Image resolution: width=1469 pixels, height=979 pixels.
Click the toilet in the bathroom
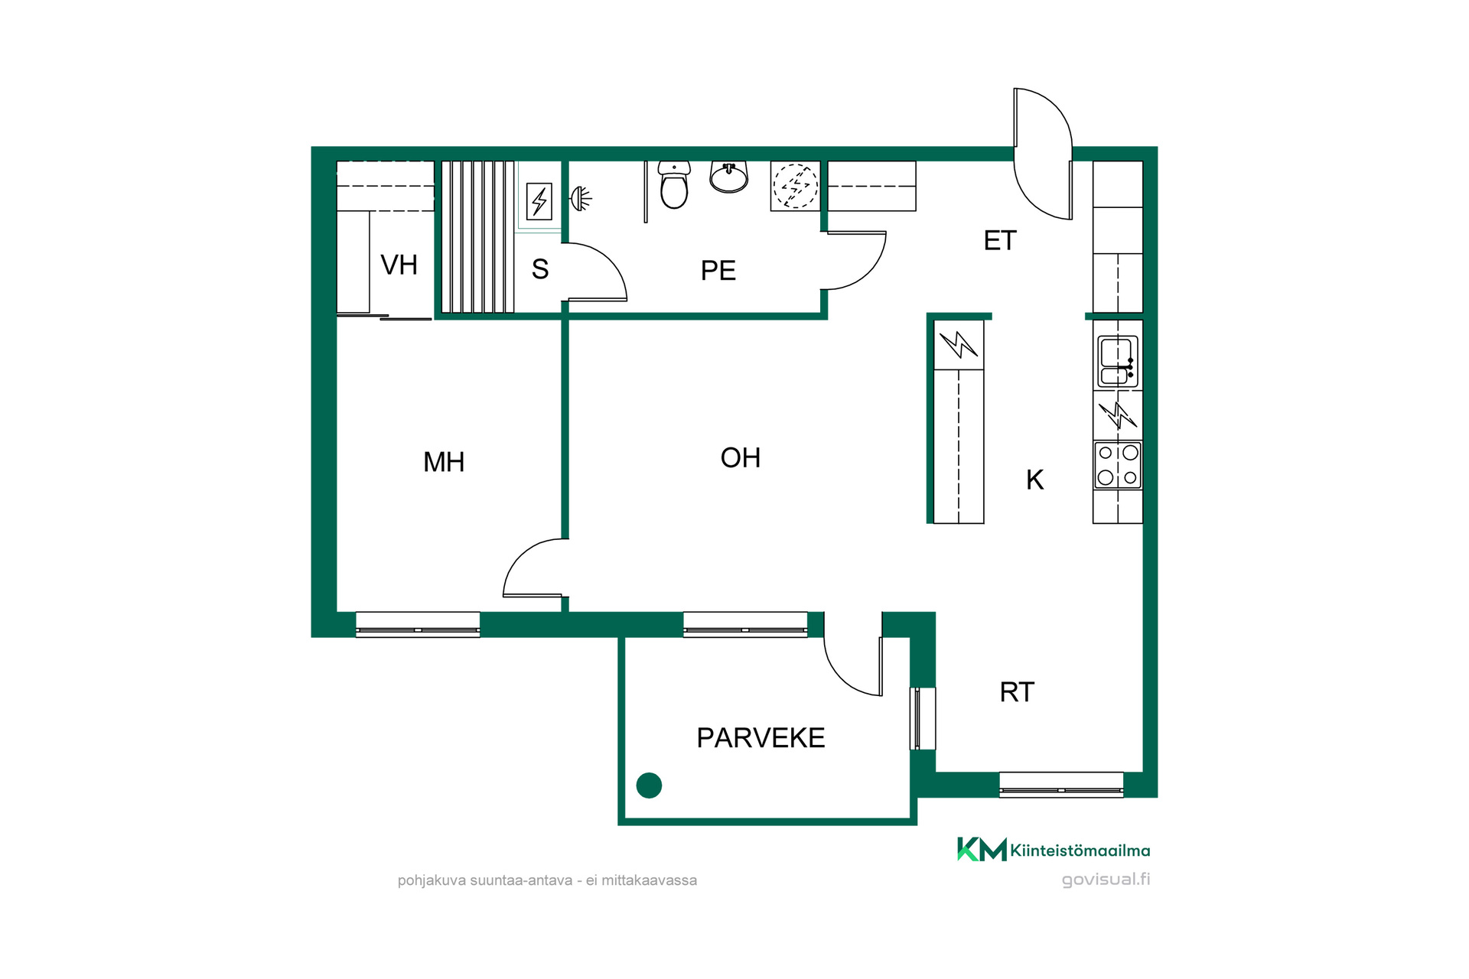[674, 184]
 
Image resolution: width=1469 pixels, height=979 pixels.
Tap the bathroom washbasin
[729, 177]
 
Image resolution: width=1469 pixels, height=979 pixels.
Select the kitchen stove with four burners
[1118, 465]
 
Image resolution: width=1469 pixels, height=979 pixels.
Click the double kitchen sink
[1118, 362]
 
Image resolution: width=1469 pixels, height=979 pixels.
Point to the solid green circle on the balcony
[649, 785]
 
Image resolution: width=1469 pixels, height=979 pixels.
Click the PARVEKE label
[761, 738]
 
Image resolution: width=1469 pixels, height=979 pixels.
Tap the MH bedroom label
[444, 462]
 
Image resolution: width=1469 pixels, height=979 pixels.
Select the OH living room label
[741, 458]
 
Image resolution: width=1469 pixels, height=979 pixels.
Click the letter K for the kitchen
[1035, 480]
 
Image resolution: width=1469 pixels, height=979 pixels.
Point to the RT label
[1017, 692]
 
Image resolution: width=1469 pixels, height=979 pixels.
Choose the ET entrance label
[1000, 241]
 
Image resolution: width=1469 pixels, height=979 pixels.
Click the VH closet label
[399, 265]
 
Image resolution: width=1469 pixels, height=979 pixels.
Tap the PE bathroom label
[718, 271]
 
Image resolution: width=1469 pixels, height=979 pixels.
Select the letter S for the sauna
[540, 269]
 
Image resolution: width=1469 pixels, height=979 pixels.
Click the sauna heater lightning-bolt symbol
[539, 202]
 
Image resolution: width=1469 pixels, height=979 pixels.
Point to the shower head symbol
[581, 200]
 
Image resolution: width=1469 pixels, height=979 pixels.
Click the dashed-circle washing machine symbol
[796, 186]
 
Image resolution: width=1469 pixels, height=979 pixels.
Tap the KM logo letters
[982, 849]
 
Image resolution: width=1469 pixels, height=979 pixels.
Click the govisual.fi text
[1106, 880]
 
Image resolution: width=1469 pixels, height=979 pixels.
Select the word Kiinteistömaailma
[1080, 851]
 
